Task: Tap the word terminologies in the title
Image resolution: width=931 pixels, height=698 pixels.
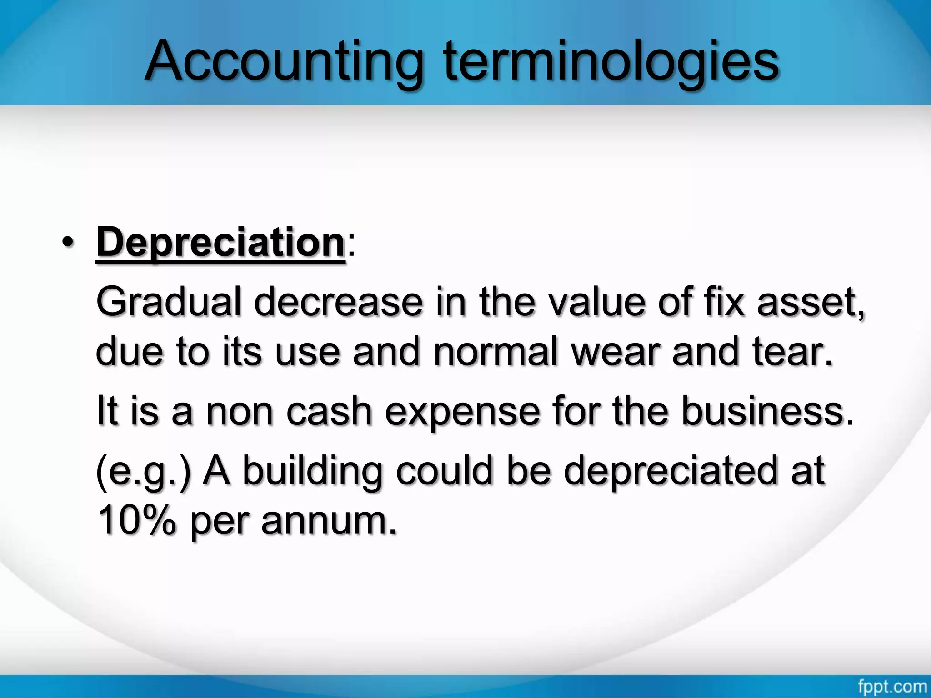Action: click(x=611, y=61)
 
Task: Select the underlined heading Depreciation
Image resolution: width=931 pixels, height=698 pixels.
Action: click(x=220, y=243)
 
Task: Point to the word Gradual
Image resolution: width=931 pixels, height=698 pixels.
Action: click(x=169, y=303)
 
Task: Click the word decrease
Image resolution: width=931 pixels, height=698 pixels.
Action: click(x=339, y=303)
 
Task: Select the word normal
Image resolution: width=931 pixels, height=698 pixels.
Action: click(x=496, y=352)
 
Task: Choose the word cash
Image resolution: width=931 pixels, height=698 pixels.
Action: click(x=329, y=412)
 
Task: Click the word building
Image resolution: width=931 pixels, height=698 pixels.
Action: click(x=313, y=473)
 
